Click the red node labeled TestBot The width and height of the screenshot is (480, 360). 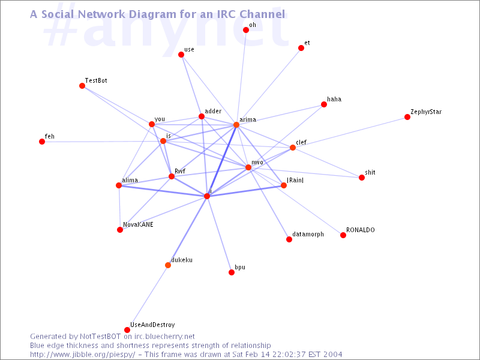pos(82,86)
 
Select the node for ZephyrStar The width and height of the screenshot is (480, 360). pos(407,117)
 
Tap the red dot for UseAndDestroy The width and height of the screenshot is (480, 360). pos(127,329)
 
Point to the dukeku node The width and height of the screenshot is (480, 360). pos(168,265)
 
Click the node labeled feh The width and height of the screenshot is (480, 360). pos(42,142)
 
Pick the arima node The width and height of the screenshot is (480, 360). pos(236,125)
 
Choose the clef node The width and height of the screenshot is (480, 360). pos(293,148)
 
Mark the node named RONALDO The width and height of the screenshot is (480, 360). pos(343,235)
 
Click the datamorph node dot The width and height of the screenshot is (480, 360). pos(289,239)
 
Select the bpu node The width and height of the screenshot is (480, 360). pos(232,272)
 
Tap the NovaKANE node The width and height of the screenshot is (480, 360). pos(120,230)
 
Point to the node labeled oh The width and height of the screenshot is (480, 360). pos(246,29)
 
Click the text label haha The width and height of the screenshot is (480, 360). pos(334,99)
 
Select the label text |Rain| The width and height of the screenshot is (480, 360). pos(295,180)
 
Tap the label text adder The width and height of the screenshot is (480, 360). pos(213,111)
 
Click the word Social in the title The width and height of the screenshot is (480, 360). pos(58,14)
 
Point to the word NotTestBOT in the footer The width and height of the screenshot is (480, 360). pos(100,337)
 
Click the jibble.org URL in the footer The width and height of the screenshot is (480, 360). pos(82,355)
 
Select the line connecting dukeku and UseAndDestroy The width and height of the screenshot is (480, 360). pos(148,298)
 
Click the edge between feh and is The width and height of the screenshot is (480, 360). pos(103,142)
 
